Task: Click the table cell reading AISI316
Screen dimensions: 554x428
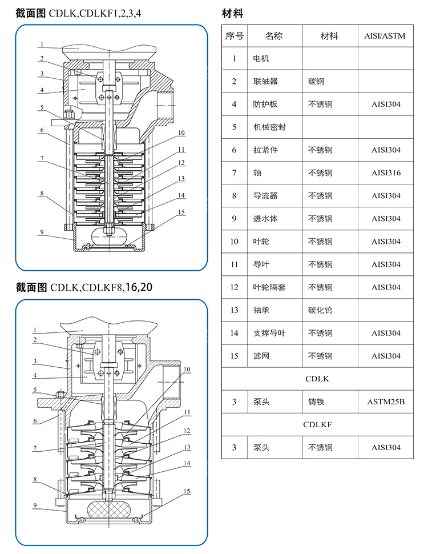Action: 386,173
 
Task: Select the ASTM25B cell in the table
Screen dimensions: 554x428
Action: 386,402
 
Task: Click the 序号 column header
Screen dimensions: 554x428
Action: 234,36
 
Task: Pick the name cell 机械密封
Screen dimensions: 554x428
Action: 269,127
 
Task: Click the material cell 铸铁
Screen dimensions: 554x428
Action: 316,402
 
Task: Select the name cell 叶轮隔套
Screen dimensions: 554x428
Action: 269,287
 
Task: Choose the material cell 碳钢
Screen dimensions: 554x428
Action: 316,82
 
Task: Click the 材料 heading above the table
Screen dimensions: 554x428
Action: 232,13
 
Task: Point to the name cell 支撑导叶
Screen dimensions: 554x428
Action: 269,333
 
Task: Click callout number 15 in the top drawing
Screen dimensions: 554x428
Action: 181,212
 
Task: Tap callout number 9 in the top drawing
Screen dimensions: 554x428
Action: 42,232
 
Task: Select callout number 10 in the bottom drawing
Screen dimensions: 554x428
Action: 187,370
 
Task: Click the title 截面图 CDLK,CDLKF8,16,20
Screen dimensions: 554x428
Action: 84,287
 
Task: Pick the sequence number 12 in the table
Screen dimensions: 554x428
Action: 234,287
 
